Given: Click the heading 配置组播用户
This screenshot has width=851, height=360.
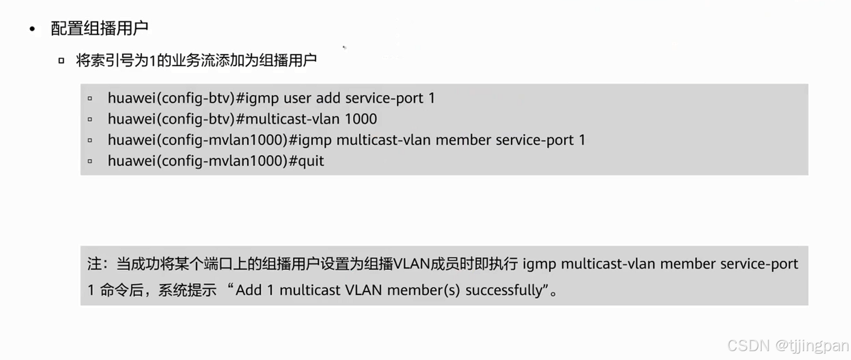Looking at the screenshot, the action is click(x=99, y=28).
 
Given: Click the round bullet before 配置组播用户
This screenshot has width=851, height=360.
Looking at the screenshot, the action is click(x=32, y=29).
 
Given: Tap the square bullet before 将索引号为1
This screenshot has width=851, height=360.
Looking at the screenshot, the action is click(x=61, y=61).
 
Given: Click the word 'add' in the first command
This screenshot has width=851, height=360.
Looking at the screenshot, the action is click(x=328, y=98).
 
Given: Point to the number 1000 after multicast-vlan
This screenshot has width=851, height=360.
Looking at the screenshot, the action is click(x=361, y=119).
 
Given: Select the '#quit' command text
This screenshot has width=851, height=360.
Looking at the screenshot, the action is click(x=307, y=161).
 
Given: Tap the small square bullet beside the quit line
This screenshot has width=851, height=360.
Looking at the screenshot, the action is click(x=90, y=161).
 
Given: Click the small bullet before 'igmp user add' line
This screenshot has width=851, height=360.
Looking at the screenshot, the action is click(x=90, y=98).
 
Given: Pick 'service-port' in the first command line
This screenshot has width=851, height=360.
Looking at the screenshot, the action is click(x=384, y=98).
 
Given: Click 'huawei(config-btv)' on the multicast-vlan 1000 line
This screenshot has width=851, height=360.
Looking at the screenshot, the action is click(x=171, y=119).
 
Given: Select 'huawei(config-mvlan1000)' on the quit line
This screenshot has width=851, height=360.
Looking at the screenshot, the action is click(x=198, y=161).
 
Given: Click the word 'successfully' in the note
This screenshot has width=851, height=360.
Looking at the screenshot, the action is click(x=504, y=290).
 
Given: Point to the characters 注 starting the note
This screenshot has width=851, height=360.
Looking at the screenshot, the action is click(x=95, y=264).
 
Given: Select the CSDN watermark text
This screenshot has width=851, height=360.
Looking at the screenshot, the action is click(x=749, y=345).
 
